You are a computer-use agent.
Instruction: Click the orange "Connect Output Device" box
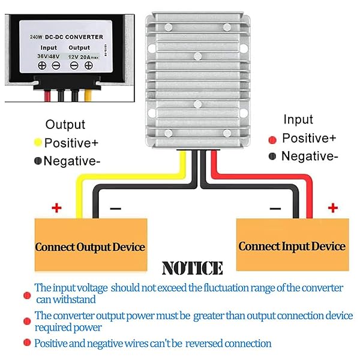pyautogui.click(x=90, y=247)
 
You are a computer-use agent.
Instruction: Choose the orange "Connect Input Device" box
pyautogui.click(x=292, y=246)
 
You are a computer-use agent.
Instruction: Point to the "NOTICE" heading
pyautogui.click(x=192, y=268)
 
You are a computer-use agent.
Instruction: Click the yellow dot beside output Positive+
pyautogui.click(x=37, y=143)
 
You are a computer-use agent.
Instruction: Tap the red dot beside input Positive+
pyautogui.click(x=272, y=139)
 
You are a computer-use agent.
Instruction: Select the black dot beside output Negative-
pyautogui.click(x=37, y=161)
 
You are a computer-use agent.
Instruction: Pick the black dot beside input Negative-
pyautogui.click(x=272, y=156)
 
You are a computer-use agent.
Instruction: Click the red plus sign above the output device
pyautogui.click(x=56, y=208)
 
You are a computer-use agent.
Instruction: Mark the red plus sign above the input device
pyautogui.click(x=332, y=208)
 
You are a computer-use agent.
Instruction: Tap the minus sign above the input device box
pyautogui.click(x=275, y=209)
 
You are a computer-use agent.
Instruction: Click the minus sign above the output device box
pyautogui.click(x=115, y=209)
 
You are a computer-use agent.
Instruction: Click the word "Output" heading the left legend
pyautogui.click(x=65, y=125)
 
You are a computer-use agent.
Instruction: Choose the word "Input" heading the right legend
pyautogui.click(x=298, y=120)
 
